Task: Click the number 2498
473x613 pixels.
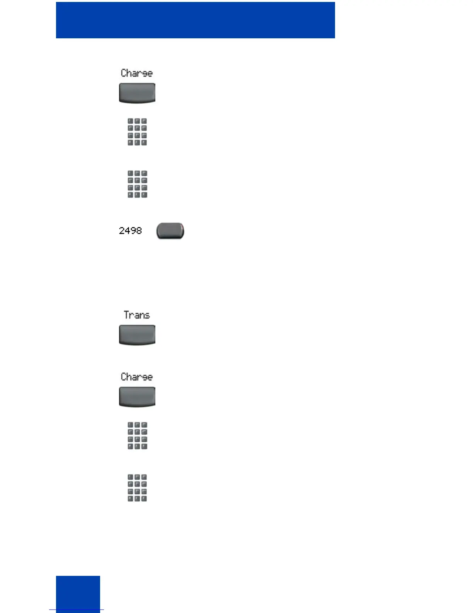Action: [130, 231]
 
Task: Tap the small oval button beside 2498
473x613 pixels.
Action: [170, 231]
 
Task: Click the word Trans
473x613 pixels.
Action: [137, 315]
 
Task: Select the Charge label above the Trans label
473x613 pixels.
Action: [137, 73]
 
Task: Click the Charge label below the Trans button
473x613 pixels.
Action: [137, 377]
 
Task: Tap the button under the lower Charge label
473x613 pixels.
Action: [137, 397]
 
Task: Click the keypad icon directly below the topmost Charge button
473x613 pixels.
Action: [137, 132]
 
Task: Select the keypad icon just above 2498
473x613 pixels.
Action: [137, 184]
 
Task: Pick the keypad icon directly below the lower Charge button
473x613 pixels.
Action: [137, 436]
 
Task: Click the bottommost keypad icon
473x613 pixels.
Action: [137, 488]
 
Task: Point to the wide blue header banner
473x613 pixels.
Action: [195, 20]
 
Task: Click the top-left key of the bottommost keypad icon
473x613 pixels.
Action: [131, 478]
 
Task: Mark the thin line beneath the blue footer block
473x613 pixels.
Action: [77, 610]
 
